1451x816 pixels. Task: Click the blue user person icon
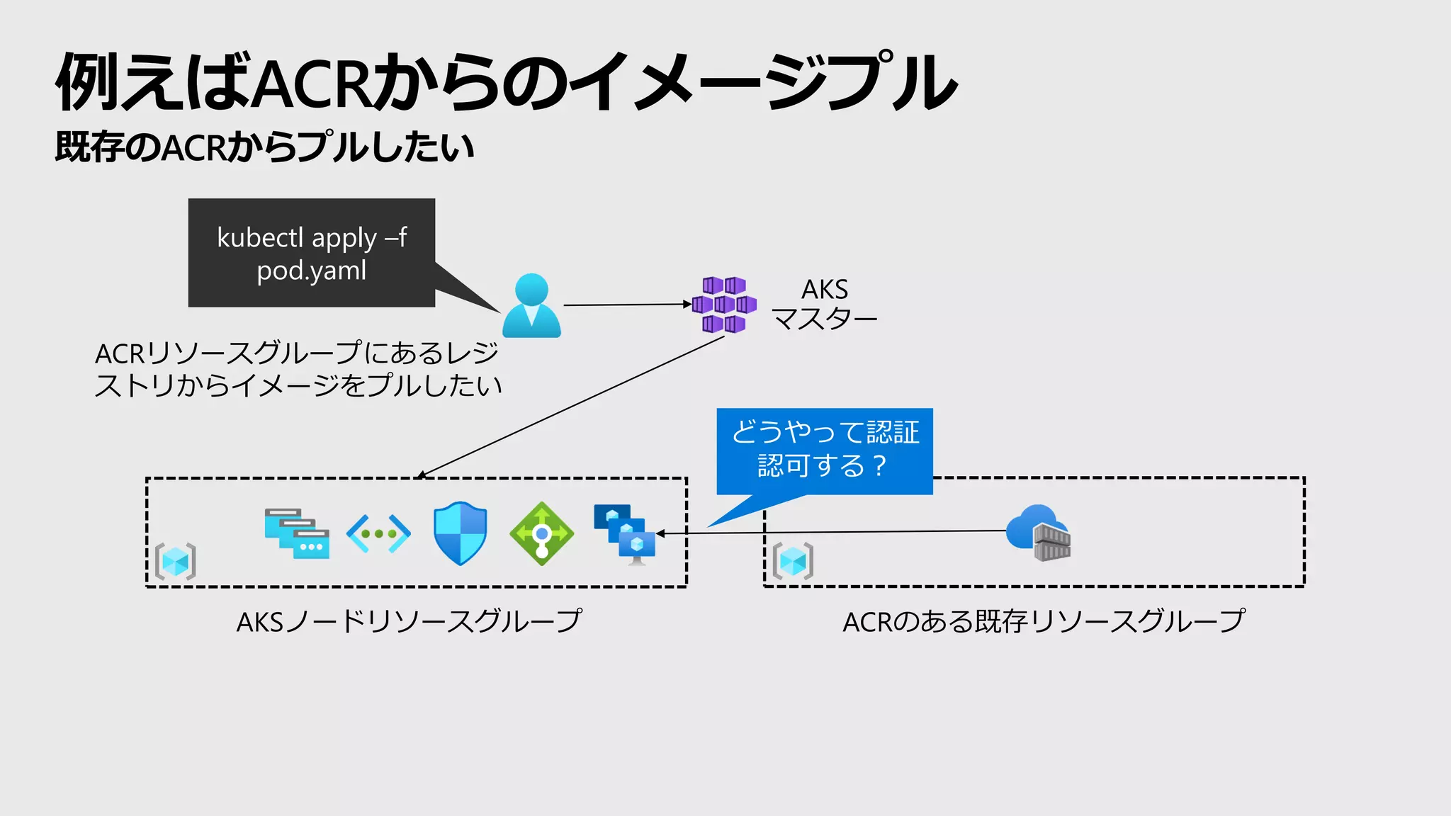pyautogui.click(x=531, y=306)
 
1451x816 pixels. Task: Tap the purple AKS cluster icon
pyautogui.click(x=723, y=305)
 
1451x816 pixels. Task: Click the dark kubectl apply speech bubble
pyautogui.click(x=312, y=253)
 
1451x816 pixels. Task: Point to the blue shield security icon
pyautogui.click(x=461, y=533)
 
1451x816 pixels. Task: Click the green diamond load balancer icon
pyautogui.click(x=542, y=533)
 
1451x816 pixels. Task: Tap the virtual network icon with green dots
pyautogui.click(x=378, y=533)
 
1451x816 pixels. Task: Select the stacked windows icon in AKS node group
pyautogui.click(x=297, y=533)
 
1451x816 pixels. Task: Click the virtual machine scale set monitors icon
pyautogui.click(x=625, y=534)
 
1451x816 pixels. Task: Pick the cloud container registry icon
pyautogui.click(x=1039, y=533)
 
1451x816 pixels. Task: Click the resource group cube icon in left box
pyautogui.click(x=175, y=562)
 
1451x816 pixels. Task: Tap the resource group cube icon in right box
pyautogui.click(x=793, y=562)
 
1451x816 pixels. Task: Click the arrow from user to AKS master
pyautogui.click(x=626, y=305)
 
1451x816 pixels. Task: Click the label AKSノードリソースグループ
pyautogui.click(x=410, y=622)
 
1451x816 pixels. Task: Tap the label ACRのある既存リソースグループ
pyautogui.click(x=1043, y=622)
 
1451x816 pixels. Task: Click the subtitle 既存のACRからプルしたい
pyautogui.click(x=264, y=147)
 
